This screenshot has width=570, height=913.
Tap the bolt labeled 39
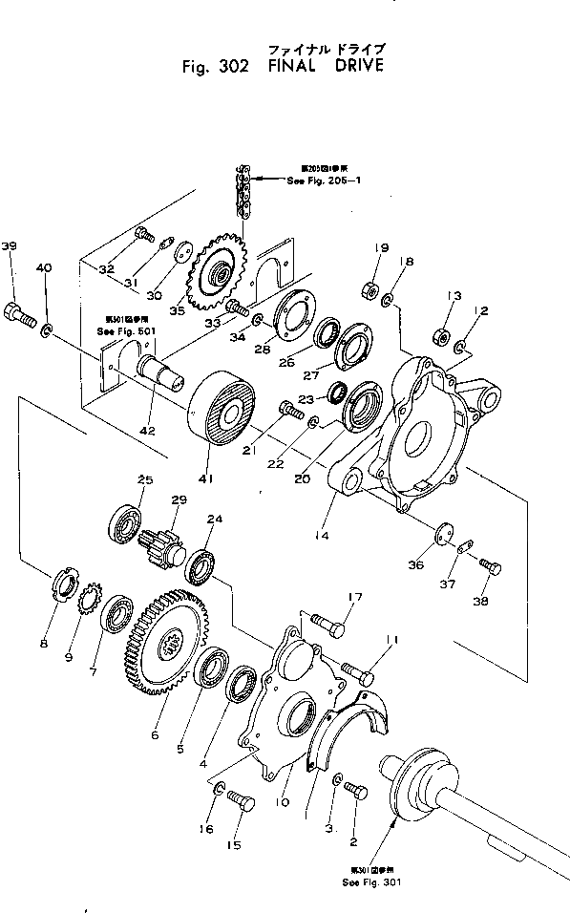[x=19, y=311]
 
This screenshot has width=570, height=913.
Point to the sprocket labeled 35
[x=219, y=275]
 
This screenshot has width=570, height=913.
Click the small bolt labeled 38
[x=490, y=568]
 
